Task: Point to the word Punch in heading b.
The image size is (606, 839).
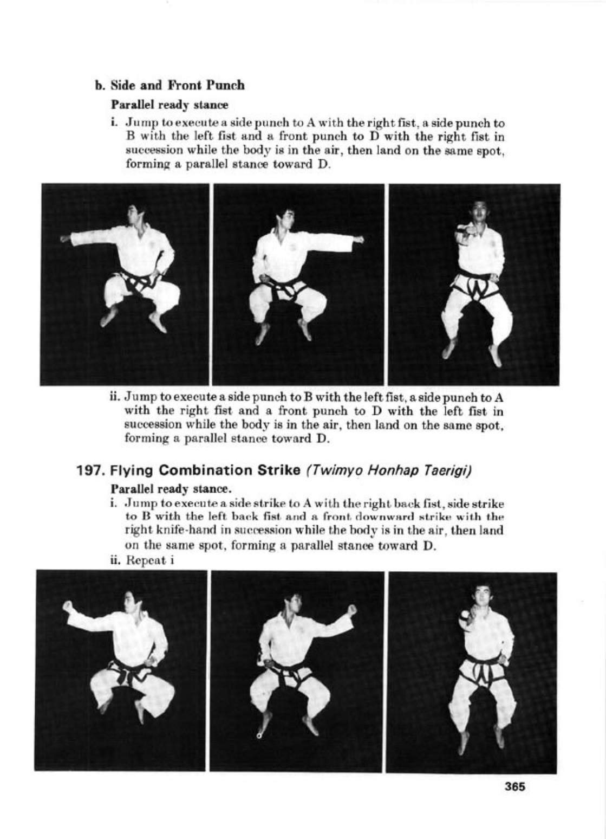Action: point(230,85)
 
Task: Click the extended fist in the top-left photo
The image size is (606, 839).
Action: point(64,238)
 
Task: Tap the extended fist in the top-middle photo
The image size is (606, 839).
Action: point(359,238)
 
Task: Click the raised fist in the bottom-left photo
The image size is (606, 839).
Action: point(68,606)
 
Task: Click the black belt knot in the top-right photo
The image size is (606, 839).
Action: point(478,288)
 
